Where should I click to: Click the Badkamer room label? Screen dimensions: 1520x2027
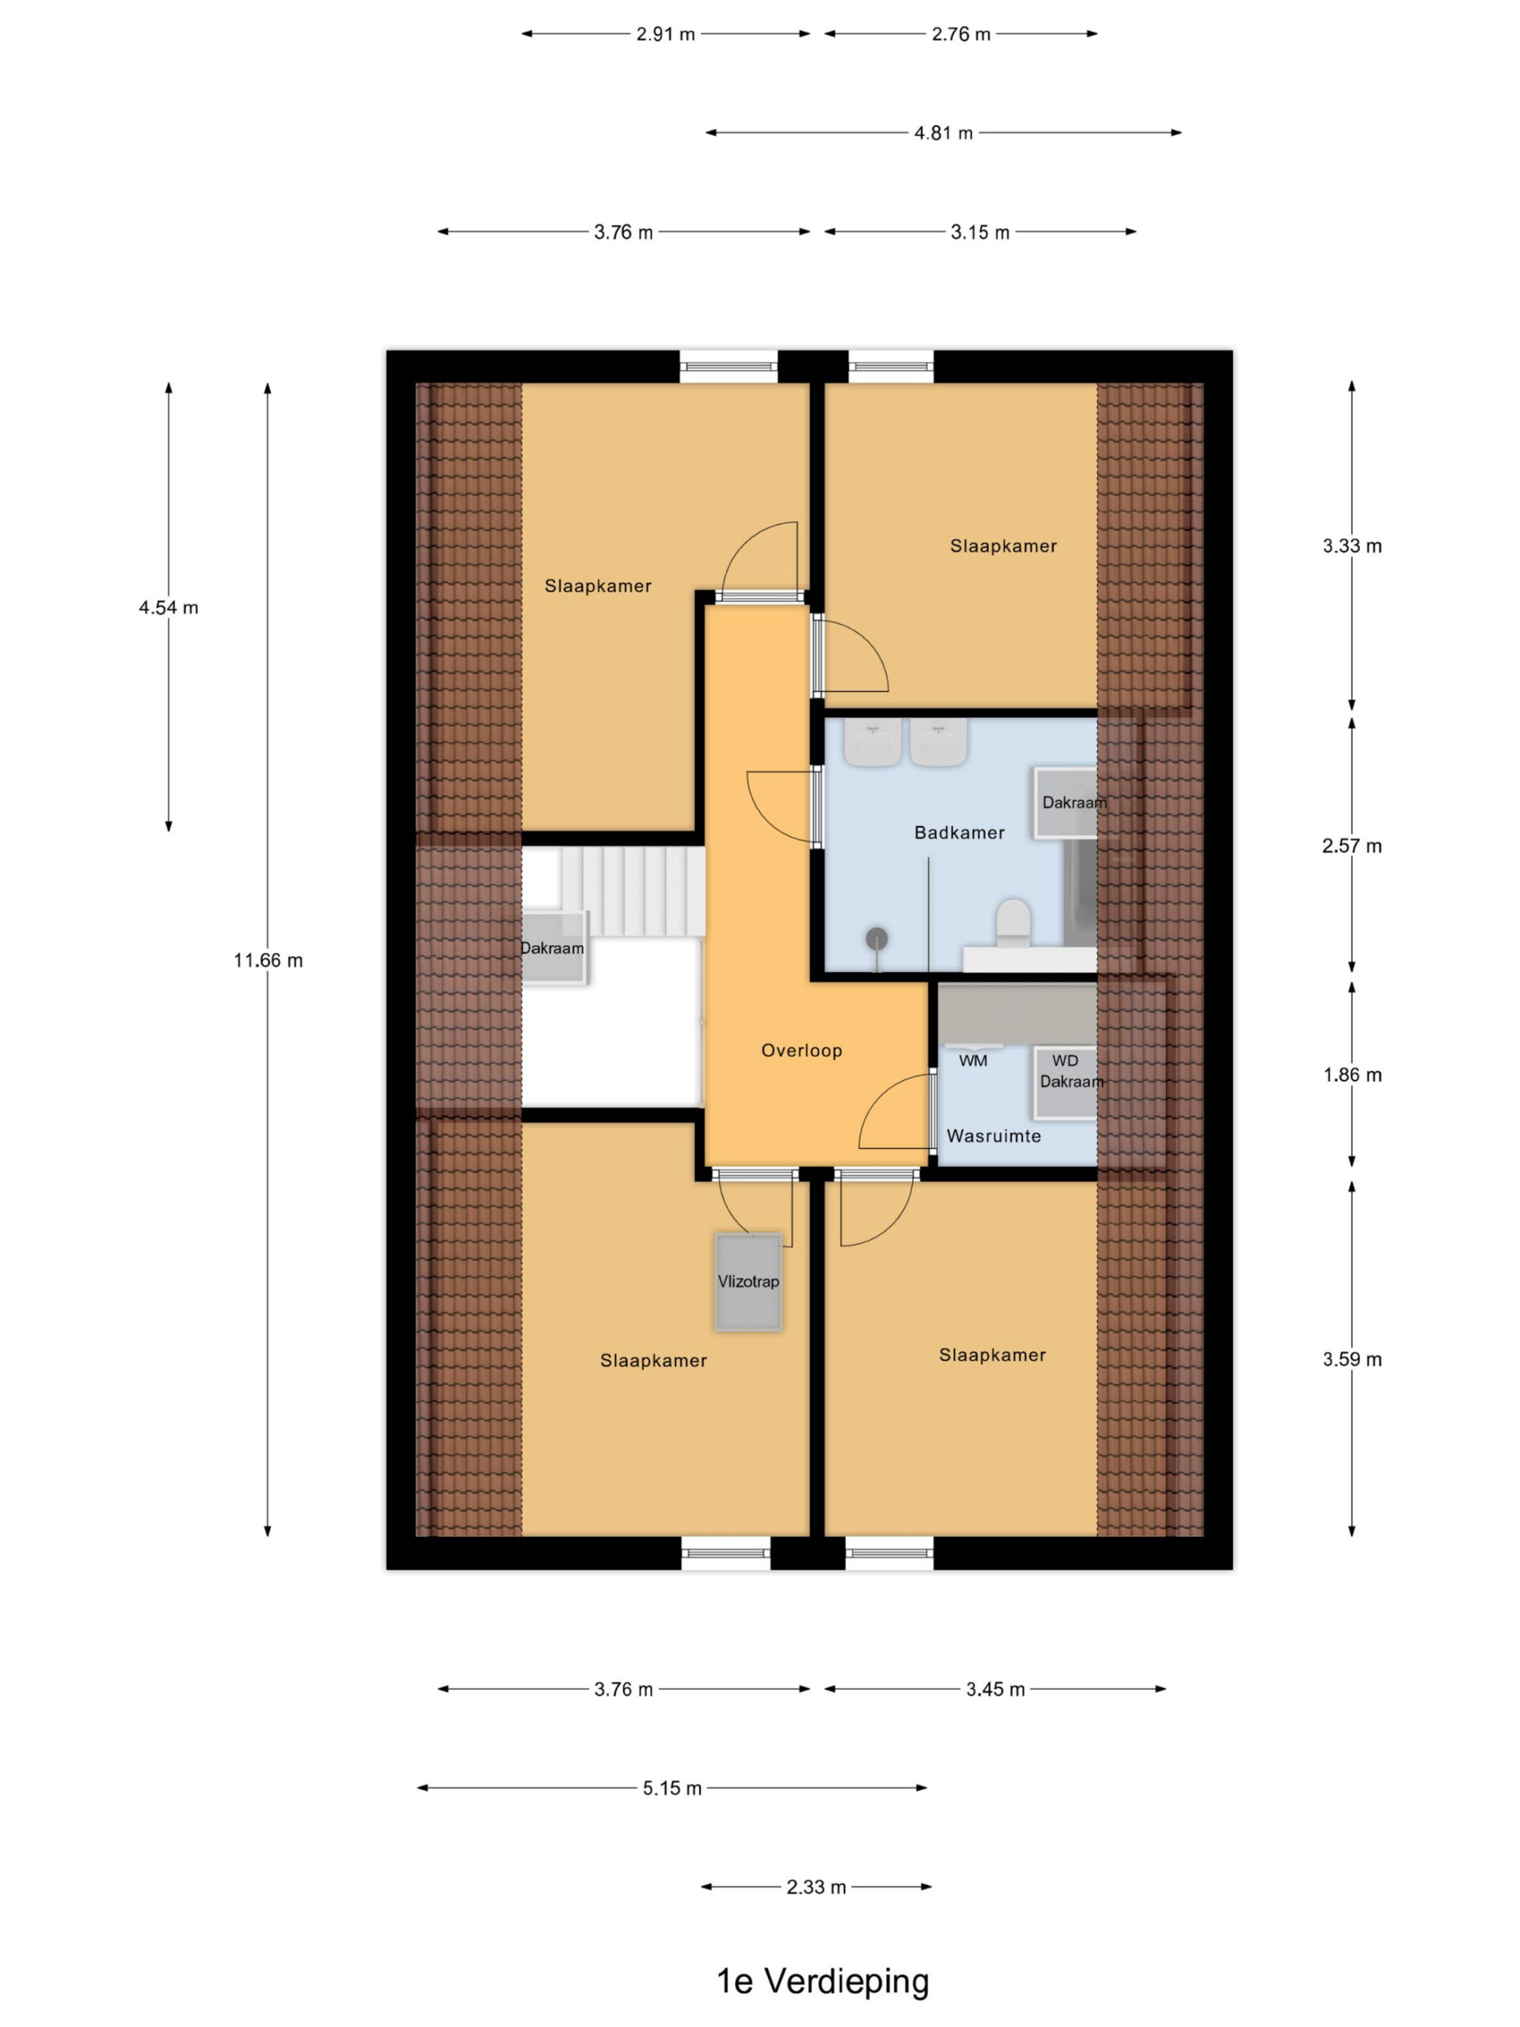[x=959, y=832]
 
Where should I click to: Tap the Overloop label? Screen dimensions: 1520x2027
[x=802, y=1050]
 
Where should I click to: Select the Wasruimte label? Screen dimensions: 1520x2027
[x=994, y=1135]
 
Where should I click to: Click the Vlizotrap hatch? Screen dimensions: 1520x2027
[x=749, y=1281]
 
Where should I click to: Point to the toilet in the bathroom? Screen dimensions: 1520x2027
[x=1013, y=922]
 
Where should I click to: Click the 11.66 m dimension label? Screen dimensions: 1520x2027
[x=268, y=960]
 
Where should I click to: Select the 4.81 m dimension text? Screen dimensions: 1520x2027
[x=943, y=133]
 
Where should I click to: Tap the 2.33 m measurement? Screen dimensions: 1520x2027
[x=815, y=1887]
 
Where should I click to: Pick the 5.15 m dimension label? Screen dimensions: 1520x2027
[x=671, y=1788]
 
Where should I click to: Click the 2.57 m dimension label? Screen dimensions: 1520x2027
[x=1351, y=846]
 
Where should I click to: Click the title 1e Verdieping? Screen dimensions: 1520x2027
[x=822, y=1980]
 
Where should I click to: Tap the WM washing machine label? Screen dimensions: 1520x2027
[x=972, y=1061]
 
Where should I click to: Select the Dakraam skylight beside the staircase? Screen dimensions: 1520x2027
[x=553, y=949]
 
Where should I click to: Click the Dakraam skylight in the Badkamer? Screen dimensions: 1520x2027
[x=1066, y=803]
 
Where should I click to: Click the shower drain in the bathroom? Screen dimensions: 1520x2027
[x=877, y=937]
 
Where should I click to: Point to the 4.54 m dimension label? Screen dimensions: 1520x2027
[x=169, y=607]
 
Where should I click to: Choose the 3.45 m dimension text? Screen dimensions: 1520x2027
[x=995, y=1689]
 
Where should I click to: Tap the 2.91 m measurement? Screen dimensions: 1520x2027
[x=665, y=34]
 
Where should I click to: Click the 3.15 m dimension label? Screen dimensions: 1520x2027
[x=979, y=232]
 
